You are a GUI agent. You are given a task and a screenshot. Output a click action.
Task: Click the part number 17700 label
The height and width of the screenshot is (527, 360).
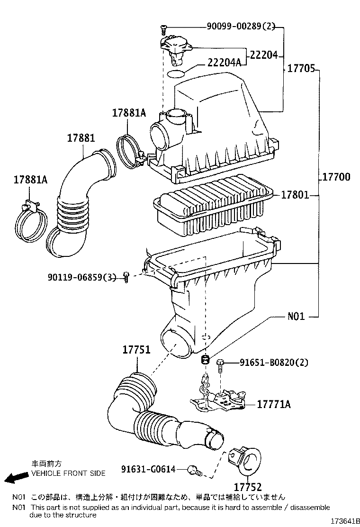click(336, 177)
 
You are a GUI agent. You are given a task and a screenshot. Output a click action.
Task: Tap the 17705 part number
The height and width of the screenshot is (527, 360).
click(301, 68)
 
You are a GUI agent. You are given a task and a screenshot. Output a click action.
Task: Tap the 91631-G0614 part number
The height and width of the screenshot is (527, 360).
click(148, 469)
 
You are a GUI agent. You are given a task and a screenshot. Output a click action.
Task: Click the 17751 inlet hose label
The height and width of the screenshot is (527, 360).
click(136, 350)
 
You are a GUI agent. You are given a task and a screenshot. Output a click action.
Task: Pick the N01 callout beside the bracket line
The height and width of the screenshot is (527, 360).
click(296, 316)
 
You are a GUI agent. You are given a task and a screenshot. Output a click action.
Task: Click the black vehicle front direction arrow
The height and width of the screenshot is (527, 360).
click(13, 478)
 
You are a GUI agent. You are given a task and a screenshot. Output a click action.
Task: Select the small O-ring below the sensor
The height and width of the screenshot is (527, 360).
click(177, 74)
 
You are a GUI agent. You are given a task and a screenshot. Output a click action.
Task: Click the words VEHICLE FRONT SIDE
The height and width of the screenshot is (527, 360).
click(68, 473)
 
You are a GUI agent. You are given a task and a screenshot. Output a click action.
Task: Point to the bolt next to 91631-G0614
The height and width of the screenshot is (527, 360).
click(195, 471)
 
